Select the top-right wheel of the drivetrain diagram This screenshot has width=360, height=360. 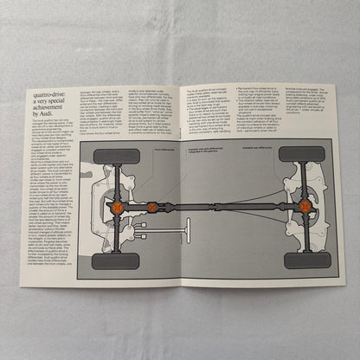[304, 154]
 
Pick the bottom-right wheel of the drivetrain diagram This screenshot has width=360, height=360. [305, 260]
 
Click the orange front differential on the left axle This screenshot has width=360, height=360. [116, 208]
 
